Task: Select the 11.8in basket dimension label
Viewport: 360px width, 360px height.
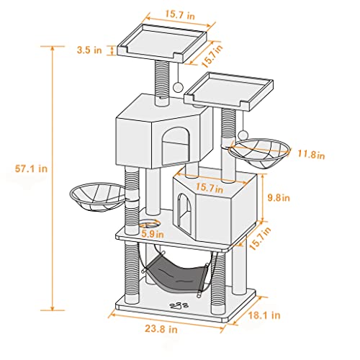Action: tap(312, 154)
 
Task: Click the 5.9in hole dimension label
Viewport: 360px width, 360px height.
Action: tap(150, 233)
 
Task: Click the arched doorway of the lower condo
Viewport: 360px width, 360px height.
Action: tap(184, 213)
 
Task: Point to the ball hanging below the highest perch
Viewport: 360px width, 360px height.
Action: tap(177, 86)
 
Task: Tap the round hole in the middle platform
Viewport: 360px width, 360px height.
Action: tap(150, 223)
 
